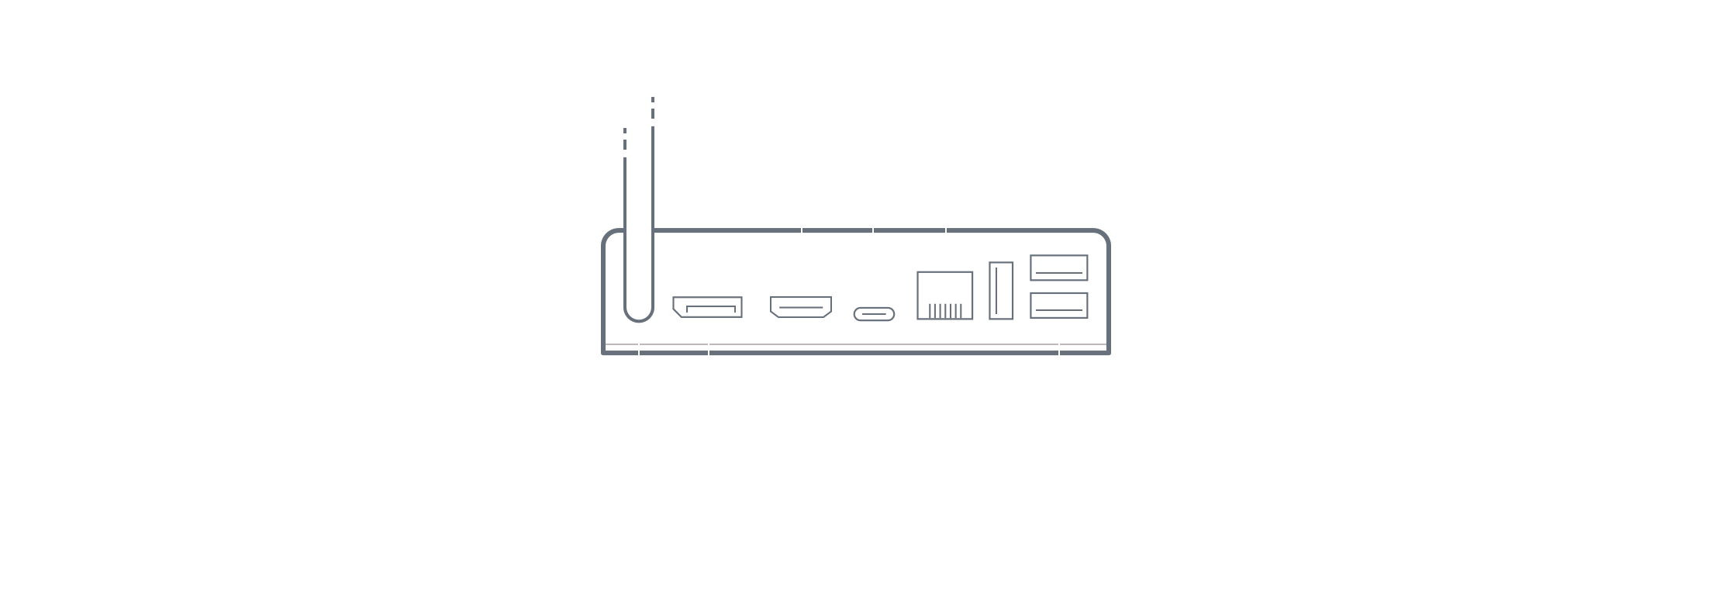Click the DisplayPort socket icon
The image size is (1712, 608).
coord(707,307)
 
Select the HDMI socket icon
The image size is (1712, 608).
coord(801,308)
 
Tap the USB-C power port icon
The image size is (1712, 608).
coord(874,314)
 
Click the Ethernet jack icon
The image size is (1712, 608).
coord(944,295)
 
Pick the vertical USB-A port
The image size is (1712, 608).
coord(1001,291)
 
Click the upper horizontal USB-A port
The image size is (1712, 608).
coord(1058,268)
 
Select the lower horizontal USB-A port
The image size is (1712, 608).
coord(1058,305)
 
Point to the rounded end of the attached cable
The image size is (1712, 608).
coord(639,310)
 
